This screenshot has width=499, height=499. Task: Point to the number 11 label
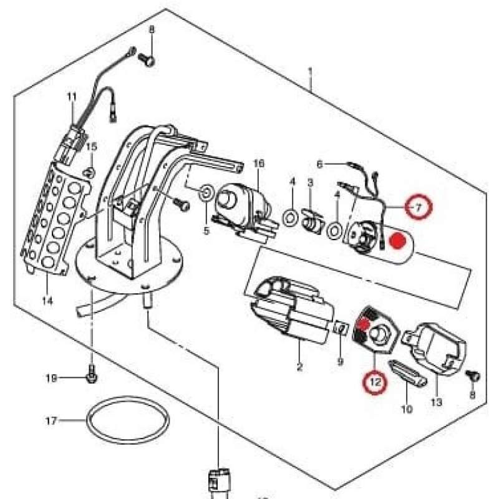[72, 97]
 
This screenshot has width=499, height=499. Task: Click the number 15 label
[92, 147]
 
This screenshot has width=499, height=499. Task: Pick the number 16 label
[259, 163]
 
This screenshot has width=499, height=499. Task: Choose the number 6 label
[319, 165]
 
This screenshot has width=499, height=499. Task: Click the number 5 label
[206, 231]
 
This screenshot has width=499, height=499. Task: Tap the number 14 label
[47, 301]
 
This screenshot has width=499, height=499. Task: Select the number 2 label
[299, 367]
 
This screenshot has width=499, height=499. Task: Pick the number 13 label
[436, 402]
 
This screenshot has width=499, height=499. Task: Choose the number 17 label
[52, 421]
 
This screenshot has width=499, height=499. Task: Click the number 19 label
[52, 378]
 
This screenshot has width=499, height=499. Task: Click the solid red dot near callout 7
[395, 240]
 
